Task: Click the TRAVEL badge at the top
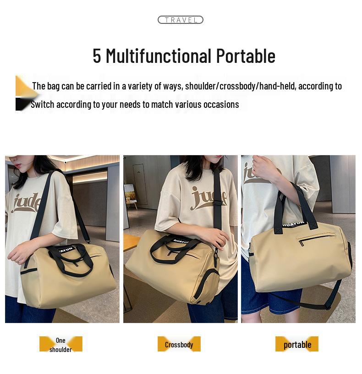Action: point(180,20)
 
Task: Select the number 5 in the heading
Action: point(97,56)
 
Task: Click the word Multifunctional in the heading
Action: point(159,56)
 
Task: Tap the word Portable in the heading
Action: point(246,56)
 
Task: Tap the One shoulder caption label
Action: point(60,344)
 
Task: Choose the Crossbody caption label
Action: point(179,345)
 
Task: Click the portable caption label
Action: point(297,345)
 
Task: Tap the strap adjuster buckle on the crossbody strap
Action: point(219,198)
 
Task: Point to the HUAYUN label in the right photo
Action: point(294,225)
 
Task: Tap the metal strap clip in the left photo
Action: point(87,241)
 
